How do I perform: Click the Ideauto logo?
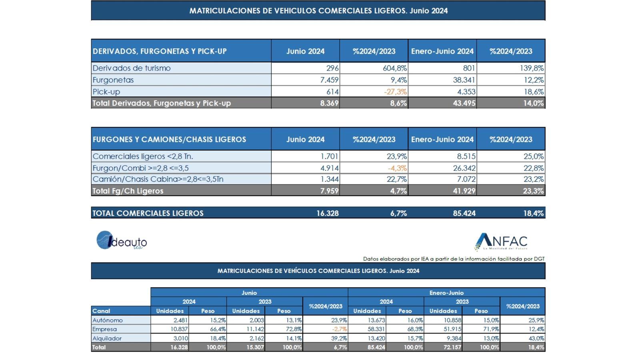[x=122, y=240]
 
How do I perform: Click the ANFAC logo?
[x=501, y=242]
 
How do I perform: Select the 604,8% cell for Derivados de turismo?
[x=394, y=68]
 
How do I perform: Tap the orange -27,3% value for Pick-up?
[x=396, y=92]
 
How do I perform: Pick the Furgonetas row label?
[x=113, y=80]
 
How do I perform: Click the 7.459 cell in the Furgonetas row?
[x=329, y=80]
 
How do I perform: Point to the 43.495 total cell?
[x=464, y=103]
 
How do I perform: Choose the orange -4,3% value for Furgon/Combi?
[x=397, y=168]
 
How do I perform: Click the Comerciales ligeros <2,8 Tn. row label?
[x=143, y=156]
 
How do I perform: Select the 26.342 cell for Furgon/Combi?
[x=464, y=168]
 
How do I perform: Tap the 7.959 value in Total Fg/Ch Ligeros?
[x=330, y=191]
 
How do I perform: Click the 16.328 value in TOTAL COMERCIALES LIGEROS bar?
[x=328, y=213]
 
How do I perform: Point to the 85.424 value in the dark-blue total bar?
[x=464, y=213]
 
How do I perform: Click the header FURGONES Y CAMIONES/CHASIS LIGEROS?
[x=169, y=140]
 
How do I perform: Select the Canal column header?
[x=101, y=311]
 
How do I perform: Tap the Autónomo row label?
[x=108, y=320]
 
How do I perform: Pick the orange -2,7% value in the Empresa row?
[x=340, y=329]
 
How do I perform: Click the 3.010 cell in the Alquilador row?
[x=180, y=338]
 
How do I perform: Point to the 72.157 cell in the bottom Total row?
[x=452, y=348]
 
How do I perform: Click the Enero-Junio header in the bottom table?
[x=446, y=292]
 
